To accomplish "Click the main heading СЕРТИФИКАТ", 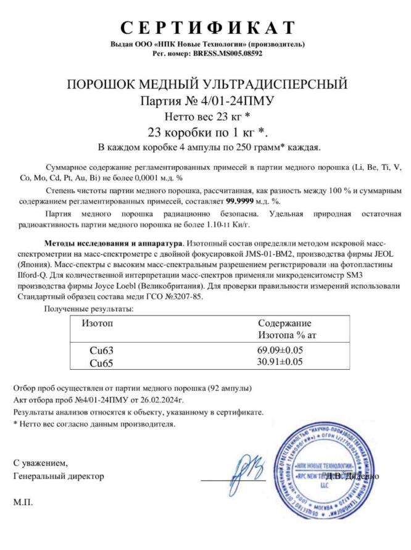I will (207, 28).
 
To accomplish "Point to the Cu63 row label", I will (102, 351).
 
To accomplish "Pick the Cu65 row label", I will (102, 363).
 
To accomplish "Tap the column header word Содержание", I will (284, 323).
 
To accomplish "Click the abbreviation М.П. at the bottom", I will (23, 502).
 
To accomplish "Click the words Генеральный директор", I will (59, 476).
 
